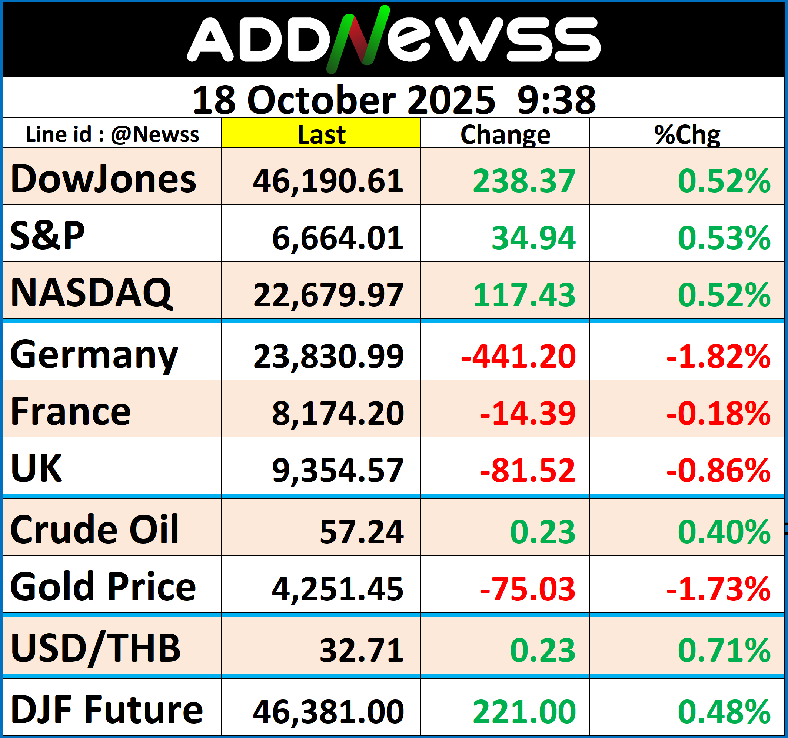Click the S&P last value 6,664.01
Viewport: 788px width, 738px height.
point(338,238)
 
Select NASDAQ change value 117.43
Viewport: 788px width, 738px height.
point(523,295)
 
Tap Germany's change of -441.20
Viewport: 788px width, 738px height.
point(518,356)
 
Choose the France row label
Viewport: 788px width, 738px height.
point(70,412)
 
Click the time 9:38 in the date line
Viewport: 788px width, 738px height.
point(556,100)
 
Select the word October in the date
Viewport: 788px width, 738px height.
point(321,100)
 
